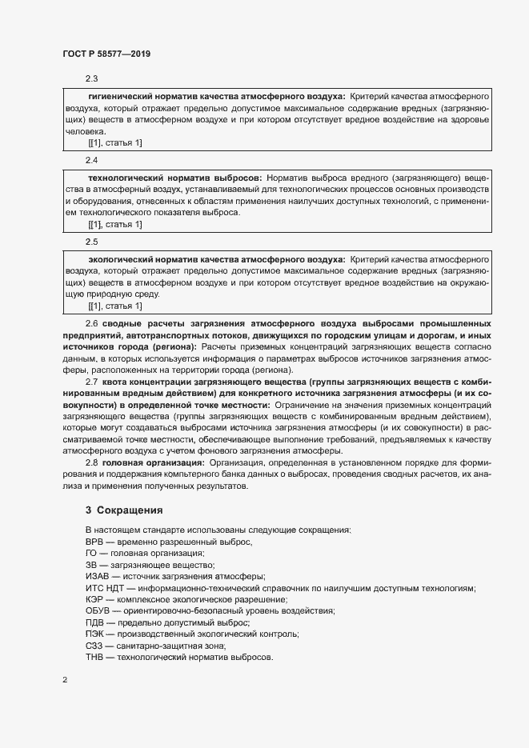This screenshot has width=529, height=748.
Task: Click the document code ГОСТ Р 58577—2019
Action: coord(106,54)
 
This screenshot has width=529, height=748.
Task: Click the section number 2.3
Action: coord(91,78)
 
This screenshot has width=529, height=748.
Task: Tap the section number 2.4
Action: coord(91,160)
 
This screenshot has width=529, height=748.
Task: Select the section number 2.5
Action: coord(91,241)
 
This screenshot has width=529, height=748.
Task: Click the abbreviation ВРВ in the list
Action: coord(95,542)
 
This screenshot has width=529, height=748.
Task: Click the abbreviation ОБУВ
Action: coord(98,611)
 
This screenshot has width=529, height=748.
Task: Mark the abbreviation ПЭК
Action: coord(94,634)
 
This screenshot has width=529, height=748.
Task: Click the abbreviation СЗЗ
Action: coord(94,646)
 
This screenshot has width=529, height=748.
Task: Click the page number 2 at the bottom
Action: coord(65,680)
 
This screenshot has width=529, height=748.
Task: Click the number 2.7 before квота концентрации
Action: coord(91,382)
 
